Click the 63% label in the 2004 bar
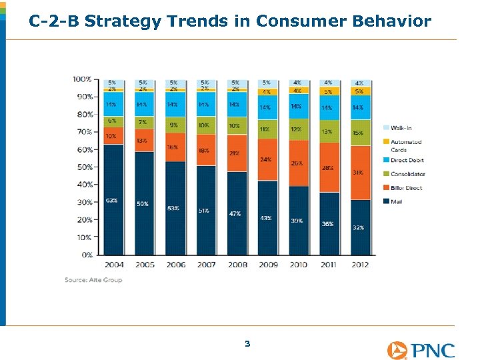click(x=111, y=201)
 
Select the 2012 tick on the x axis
click(x=360, y=265)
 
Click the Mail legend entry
click(x=398, y=202)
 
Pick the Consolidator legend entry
click(x=407, y=174)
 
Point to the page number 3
click(x=247, y=344)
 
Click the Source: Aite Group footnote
click(x=93, y=280)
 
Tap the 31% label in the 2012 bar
click(x=359, y=172)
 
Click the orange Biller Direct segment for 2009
click(x=267, y=160)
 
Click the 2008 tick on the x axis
click(x=237, y=265)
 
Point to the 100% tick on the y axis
click(x=82, y=79)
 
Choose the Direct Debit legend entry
click(x=407, y=161)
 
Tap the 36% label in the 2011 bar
click(x=328, y=224)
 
